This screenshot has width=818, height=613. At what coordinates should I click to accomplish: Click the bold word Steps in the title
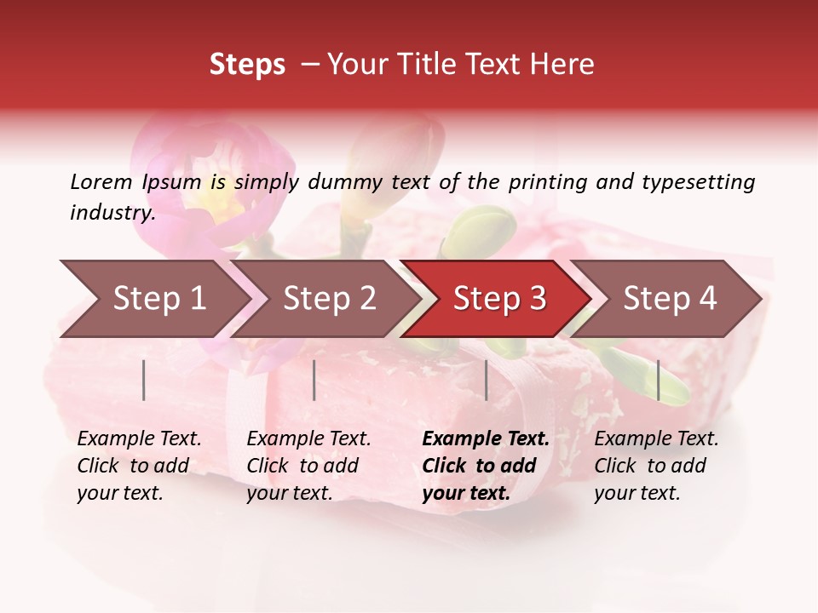[247, 65]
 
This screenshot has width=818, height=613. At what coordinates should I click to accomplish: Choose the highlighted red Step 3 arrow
[499, 299]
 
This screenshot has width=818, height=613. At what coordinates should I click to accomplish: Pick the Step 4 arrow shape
[670, 299]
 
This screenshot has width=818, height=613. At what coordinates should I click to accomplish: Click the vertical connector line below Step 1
[144, 380]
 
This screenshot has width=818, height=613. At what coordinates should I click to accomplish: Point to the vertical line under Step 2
[314, 380]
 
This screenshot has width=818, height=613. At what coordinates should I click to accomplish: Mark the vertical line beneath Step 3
[486, 380]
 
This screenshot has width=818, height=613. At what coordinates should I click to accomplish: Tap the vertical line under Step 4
[658, 380]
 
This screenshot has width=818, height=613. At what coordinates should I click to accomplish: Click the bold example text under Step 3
[486, 466]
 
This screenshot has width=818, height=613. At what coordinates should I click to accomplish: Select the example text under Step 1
[139, 466]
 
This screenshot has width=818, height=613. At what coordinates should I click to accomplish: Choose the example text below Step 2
[308, 466]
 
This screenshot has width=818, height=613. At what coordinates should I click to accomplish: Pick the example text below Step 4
[656, 466]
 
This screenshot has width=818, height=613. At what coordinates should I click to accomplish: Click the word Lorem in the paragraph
[101, 181]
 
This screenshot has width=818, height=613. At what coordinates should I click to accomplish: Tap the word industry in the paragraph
[112, 213]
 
